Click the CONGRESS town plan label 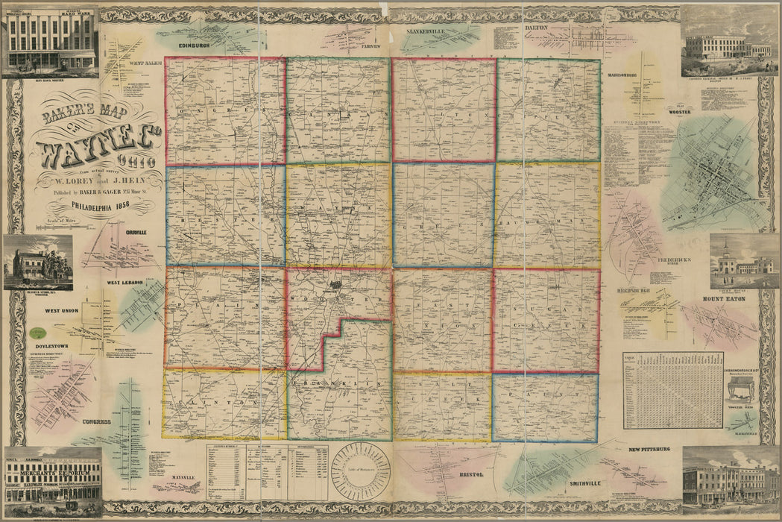pos(97,421)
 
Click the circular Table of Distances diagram pos(360,471)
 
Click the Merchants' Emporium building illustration pos(52,482)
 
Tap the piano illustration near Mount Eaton pos(741,389)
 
